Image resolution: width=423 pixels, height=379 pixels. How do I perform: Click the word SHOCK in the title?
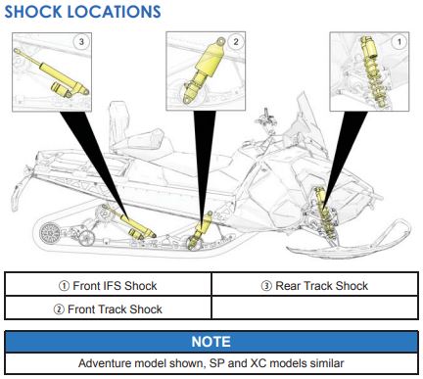(33, 12)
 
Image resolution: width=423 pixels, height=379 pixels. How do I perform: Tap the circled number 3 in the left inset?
(81, 41)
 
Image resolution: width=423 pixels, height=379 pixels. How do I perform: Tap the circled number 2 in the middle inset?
(236, 41)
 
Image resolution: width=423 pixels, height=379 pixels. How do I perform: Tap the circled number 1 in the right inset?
(399, 41)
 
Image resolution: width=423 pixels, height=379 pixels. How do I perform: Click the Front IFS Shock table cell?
(108, 286)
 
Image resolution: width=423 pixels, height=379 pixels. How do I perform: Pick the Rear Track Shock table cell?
(315, 286)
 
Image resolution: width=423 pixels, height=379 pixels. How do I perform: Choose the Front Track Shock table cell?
(108, 308)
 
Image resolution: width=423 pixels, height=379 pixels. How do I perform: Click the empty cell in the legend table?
(315, 308)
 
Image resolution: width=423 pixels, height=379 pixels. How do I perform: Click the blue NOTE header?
(211, 342)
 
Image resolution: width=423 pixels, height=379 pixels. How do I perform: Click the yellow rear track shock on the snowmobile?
(129, 222)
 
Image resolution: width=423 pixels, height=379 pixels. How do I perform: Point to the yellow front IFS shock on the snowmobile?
(323, 213)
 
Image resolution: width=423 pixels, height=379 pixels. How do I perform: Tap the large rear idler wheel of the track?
(50, 233)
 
